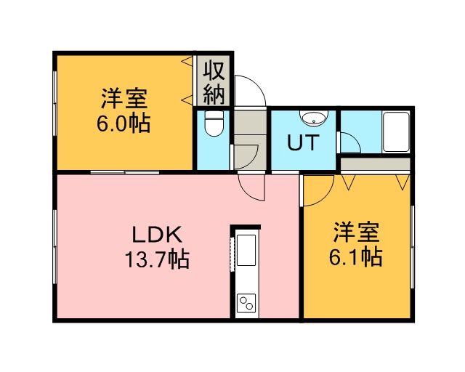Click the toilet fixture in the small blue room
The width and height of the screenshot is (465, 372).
(214, 124)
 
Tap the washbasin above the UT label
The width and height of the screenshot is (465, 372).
(313, 117)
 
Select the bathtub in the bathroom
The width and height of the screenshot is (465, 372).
(396, 132)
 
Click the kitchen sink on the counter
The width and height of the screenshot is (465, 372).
(246, 250)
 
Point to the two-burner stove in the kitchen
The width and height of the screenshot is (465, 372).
(246, 303)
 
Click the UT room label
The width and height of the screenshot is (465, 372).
(303, 142)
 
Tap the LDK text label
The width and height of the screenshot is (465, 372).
(157, 235)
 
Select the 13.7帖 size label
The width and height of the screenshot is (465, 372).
(157, 259)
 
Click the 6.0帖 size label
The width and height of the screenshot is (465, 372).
(124, 123)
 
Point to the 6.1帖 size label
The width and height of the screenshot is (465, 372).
(356, 256)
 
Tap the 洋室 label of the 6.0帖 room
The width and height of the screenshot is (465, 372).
(124, 98)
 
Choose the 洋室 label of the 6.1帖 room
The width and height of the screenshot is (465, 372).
(356, 232)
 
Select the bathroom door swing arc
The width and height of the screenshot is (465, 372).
(355, 139)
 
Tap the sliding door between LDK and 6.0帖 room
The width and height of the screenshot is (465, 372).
(125, 172)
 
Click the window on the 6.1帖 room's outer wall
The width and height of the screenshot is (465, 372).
(412, 246)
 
